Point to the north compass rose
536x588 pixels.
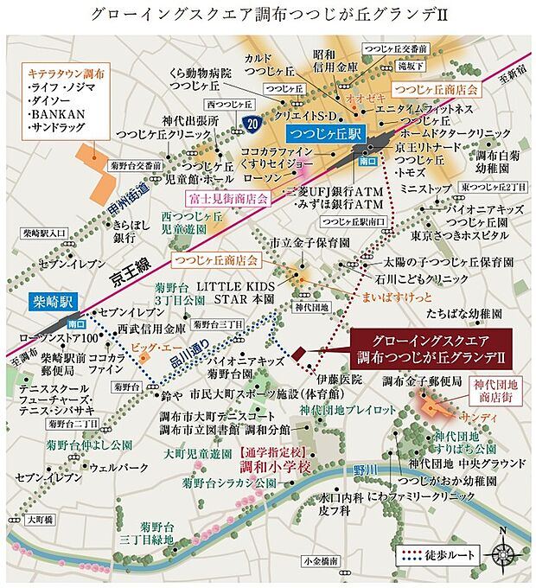[503, 550]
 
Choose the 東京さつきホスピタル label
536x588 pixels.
[459, 235]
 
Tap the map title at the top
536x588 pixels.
[267, 15]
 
